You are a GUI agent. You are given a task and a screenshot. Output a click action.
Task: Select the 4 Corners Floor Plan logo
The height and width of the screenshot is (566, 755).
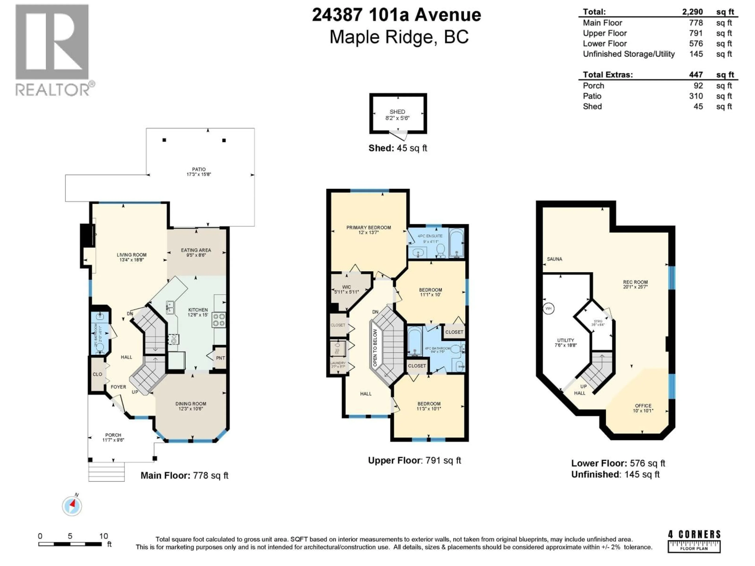coord(694,541)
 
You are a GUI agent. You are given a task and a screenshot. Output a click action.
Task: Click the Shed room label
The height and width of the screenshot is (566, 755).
coord(397,112)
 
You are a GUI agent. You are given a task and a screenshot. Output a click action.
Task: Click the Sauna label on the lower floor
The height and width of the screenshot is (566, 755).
coord(554,259)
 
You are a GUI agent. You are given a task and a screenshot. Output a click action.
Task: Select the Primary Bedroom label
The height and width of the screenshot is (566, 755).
coord(369,228)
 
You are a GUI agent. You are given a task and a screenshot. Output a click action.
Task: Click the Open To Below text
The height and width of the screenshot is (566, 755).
coord(375,348)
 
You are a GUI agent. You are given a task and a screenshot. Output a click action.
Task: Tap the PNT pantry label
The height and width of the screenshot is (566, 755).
coord(220,358)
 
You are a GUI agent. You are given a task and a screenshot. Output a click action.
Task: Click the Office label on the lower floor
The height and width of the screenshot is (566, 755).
coord(643,406)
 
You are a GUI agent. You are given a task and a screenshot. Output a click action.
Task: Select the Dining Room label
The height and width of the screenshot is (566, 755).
coord(191,404)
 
